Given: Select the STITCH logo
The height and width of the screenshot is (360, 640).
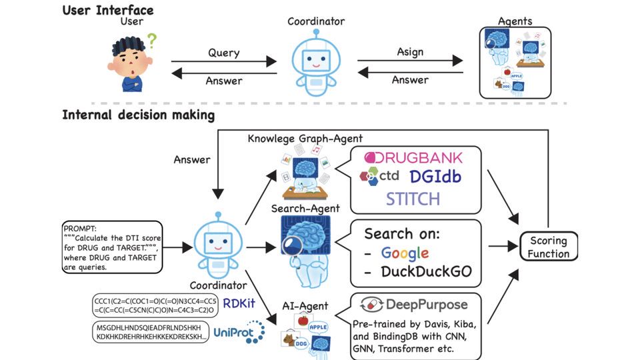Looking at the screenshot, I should [413, 199].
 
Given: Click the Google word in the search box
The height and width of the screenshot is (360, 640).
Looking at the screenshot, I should [405, 253].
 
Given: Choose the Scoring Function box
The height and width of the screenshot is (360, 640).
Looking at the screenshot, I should [549, 247].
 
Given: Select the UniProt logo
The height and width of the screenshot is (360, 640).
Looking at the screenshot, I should [239, 333].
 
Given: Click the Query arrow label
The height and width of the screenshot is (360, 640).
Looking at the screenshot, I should [223, 52].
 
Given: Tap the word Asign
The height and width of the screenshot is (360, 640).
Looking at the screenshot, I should [410, 52].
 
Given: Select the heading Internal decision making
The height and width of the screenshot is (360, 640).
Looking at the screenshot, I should [138, 115].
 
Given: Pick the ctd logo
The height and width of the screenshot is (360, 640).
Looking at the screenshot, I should [379, 177].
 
